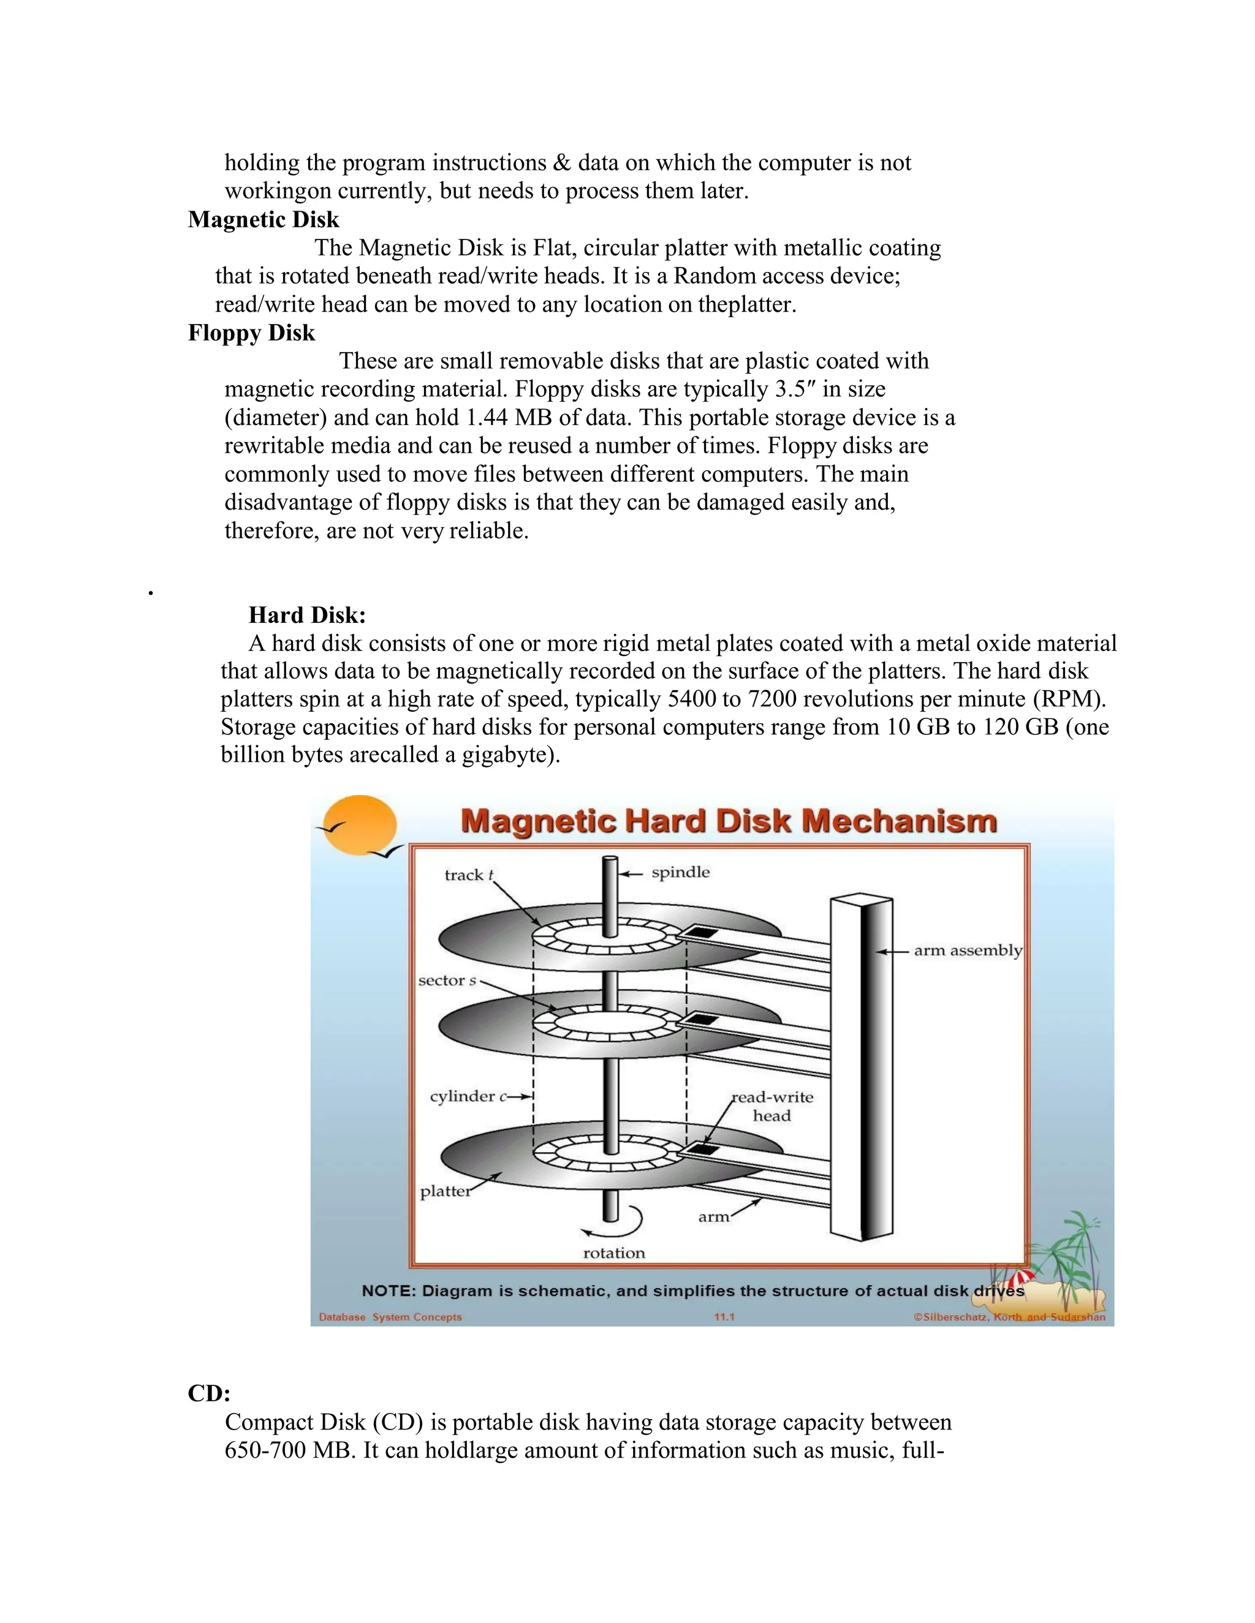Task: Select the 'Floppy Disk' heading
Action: click(251, 333)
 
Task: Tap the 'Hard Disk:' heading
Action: click(307, 616)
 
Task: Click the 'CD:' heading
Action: click(209, 1393)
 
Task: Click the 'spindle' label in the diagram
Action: click(680, 872)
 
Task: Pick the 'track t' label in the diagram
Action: click(468, 875)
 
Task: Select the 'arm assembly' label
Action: click(967, 951)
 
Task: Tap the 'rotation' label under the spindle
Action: click(614, 1253)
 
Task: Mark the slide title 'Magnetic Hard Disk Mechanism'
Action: click(729, 822)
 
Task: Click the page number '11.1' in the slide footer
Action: click(724, 1317)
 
